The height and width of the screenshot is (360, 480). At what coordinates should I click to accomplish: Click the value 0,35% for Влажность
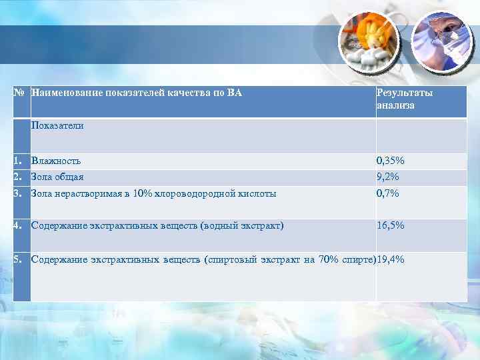(390, 161)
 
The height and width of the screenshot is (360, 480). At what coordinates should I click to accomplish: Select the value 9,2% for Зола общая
(388, 177)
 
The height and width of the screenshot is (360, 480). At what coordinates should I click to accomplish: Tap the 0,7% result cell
(387, 194)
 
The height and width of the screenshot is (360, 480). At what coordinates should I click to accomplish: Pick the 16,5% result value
(390, 226)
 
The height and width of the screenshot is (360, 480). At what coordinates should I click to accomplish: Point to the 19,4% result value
(390, 260)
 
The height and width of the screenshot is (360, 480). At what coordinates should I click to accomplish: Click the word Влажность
(56, 161)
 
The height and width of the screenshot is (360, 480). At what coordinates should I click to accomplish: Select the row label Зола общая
(57, 177)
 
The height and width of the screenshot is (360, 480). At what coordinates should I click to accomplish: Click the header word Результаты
(405, 93)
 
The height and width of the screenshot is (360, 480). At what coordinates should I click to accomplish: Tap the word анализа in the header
(395, 105)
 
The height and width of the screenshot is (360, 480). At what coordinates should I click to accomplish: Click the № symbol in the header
(20, 93)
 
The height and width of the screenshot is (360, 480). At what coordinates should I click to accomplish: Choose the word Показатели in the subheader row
(57, 125)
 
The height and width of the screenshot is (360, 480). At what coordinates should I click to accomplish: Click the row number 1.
(19, 161)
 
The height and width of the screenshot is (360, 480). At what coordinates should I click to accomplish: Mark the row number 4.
(19, 226)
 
